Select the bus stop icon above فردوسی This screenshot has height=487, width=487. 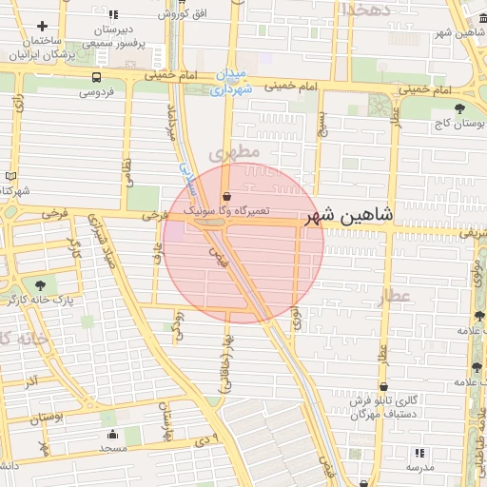97,77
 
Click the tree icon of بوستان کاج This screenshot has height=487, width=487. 460,108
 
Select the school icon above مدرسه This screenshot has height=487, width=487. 419,453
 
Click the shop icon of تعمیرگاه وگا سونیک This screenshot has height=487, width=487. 225,196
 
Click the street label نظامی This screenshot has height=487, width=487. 127,171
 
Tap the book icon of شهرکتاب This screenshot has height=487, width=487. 10,175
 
